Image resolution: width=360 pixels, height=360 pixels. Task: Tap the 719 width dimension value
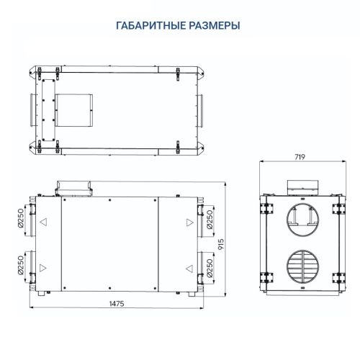pos(302,156)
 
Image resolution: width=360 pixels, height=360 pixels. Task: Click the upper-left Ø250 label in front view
pos(21,221)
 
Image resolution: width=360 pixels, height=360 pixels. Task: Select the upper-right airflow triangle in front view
pos(189,222)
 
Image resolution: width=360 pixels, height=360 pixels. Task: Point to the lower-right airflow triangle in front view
pos(189,268)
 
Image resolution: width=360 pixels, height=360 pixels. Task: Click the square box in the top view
pos(75,107)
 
